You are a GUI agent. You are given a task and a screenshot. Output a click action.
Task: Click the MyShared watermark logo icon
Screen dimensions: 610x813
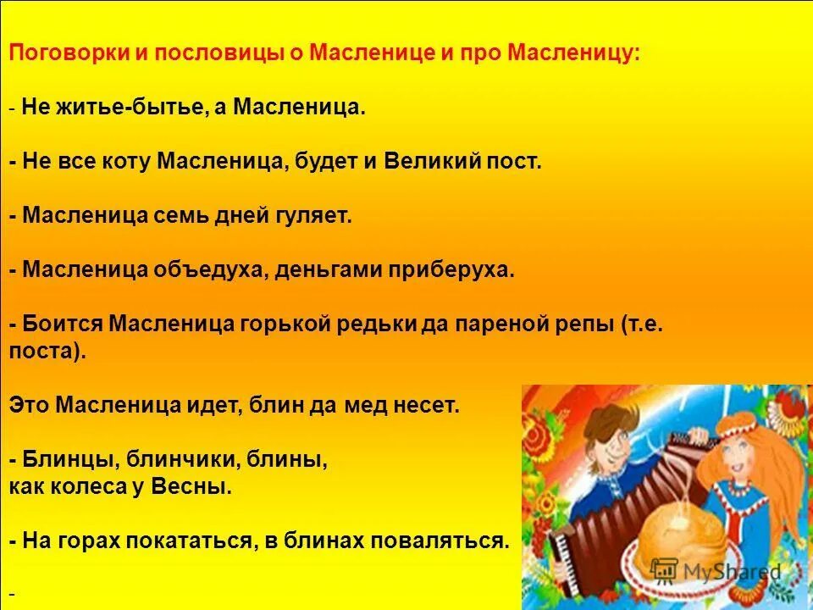666,569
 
